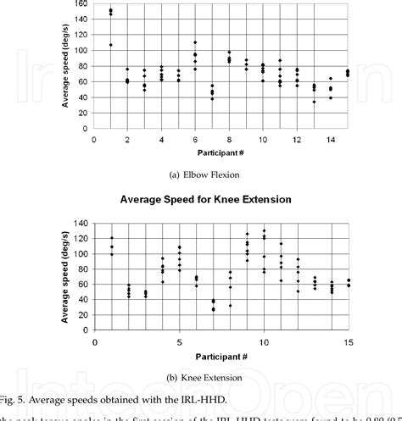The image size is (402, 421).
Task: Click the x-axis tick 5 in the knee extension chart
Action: point(179,342)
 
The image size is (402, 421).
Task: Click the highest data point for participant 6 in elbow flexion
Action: point(195,42)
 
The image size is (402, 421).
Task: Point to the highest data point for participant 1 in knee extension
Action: point(111,238)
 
